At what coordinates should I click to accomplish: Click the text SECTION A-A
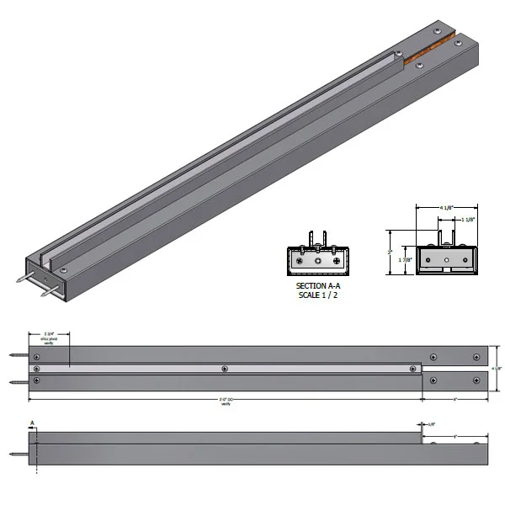coord(317,287)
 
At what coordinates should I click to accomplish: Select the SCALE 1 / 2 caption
coord(317,295)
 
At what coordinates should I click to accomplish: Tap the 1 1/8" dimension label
coord(467,219)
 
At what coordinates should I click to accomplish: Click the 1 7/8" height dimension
coord(404,262)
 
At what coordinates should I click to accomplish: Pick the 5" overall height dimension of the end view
coord(390,251)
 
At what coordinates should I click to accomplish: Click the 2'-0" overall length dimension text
coord(226,401)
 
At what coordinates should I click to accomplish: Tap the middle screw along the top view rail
coord(224,369)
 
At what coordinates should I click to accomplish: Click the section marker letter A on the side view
coord(32,423)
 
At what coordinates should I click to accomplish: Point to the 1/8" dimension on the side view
coord(432,424)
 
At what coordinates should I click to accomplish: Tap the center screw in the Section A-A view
coord(317,262)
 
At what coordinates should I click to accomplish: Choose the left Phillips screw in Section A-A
coord(297,262)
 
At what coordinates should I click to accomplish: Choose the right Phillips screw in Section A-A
coord(338,262)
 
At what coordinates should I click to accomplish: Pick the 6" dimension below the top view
coord(454,399)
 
